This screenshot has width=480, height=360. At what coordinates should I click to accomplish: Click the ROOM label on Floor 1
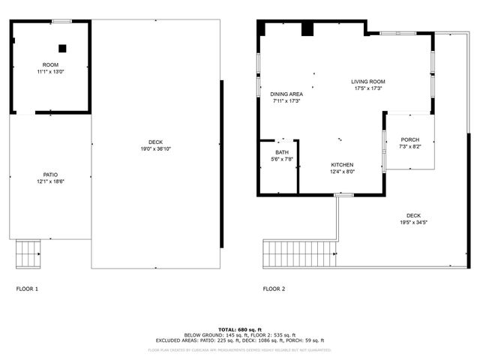[50, 64]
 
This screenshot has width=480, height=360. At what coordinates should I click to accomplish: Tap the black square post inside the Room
[62, 49]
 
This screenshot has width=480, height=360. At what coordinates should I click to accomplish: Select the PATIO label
[50, 175]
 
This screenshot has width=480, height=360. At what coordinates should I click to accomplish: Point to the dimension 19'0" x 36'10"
[155, 148]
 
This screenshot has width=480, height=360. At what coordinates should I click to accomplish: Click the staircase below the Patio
[28, 253]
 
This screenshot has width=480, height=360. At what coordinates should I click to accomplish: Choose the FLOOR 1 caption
[27, 289]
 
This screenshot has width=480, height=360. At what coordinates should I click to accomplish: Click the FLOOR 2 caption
[274, 289]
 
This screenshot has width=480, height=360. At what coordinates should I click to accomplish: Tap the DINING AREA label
[286, 94]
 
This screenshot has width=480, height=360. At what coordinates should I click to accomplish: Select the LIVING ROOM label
[367, 82]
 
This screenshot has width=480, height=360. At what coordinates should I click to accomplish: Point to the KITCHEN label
[342, 164]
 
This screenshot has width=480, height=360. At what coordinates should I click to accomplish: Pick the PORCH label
[410, 139]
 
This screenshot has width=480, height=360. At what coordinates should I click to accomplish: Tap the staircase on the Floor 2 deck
[298, 253]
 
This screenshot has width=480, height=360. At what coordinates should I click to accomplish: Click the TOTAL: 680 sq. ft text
[240, 329]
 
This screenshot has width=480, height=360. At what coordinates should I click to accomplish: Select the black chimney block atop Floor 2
[307, 28]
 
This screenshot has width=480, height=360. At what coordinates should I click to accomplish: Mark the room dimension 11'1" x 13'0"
[50, 71]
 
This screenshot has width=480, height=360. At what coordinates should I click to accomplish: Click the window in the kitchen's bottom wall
[343, 195]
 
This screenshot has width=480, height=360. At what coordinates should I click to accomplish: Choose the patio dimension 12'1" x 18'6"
[50, 181]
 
